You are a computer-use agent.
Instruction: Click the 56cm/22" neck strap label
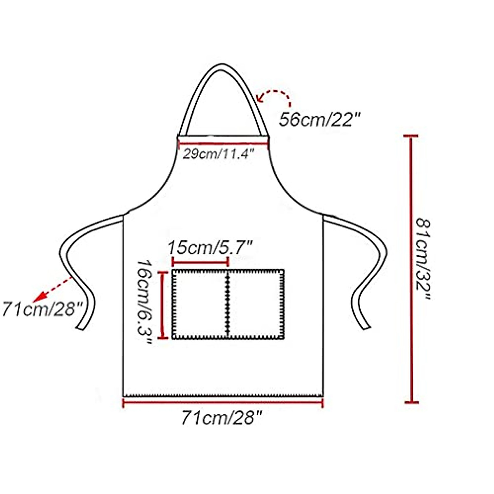pyautogui.click(x=320, y=120)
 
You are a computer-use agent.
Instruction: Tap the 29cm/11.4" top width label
pyautogui.click(x=219, y=154)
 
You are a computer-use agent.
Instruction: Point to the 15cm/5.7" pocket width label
pyautogui.click(x=210, y=248)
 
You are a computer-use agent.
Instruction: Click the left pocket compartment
pyautogui.click(x=199, y=305)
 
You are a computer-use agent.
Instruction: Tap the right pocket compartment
pyautogui.click(x=255, y=305)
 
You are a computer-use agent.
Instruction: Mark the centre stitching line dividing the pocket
pyautogui.click(x=227, y=305)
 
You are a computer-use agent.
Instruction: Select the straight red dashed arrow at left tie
pyautogui.click(x=54, y=288)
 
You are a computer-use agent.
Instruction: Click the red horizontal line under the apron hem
pyautogui.click(x=223, y=403)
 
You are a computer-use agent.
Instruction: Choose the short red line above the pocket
pyautogui.click(x=200, y=262)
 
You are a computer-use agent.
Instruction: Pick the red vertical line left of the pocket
pyautogui.click(x=163, y=305)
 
